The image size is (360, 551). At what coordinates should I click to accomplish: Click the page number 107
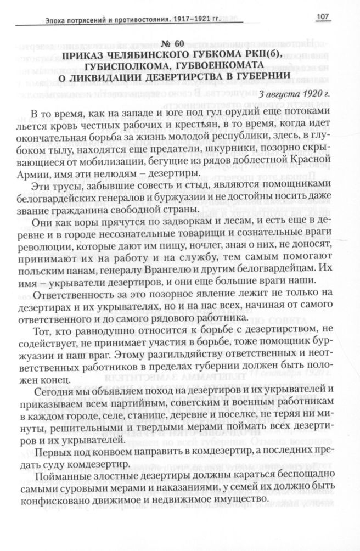[x=322, y=18]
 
